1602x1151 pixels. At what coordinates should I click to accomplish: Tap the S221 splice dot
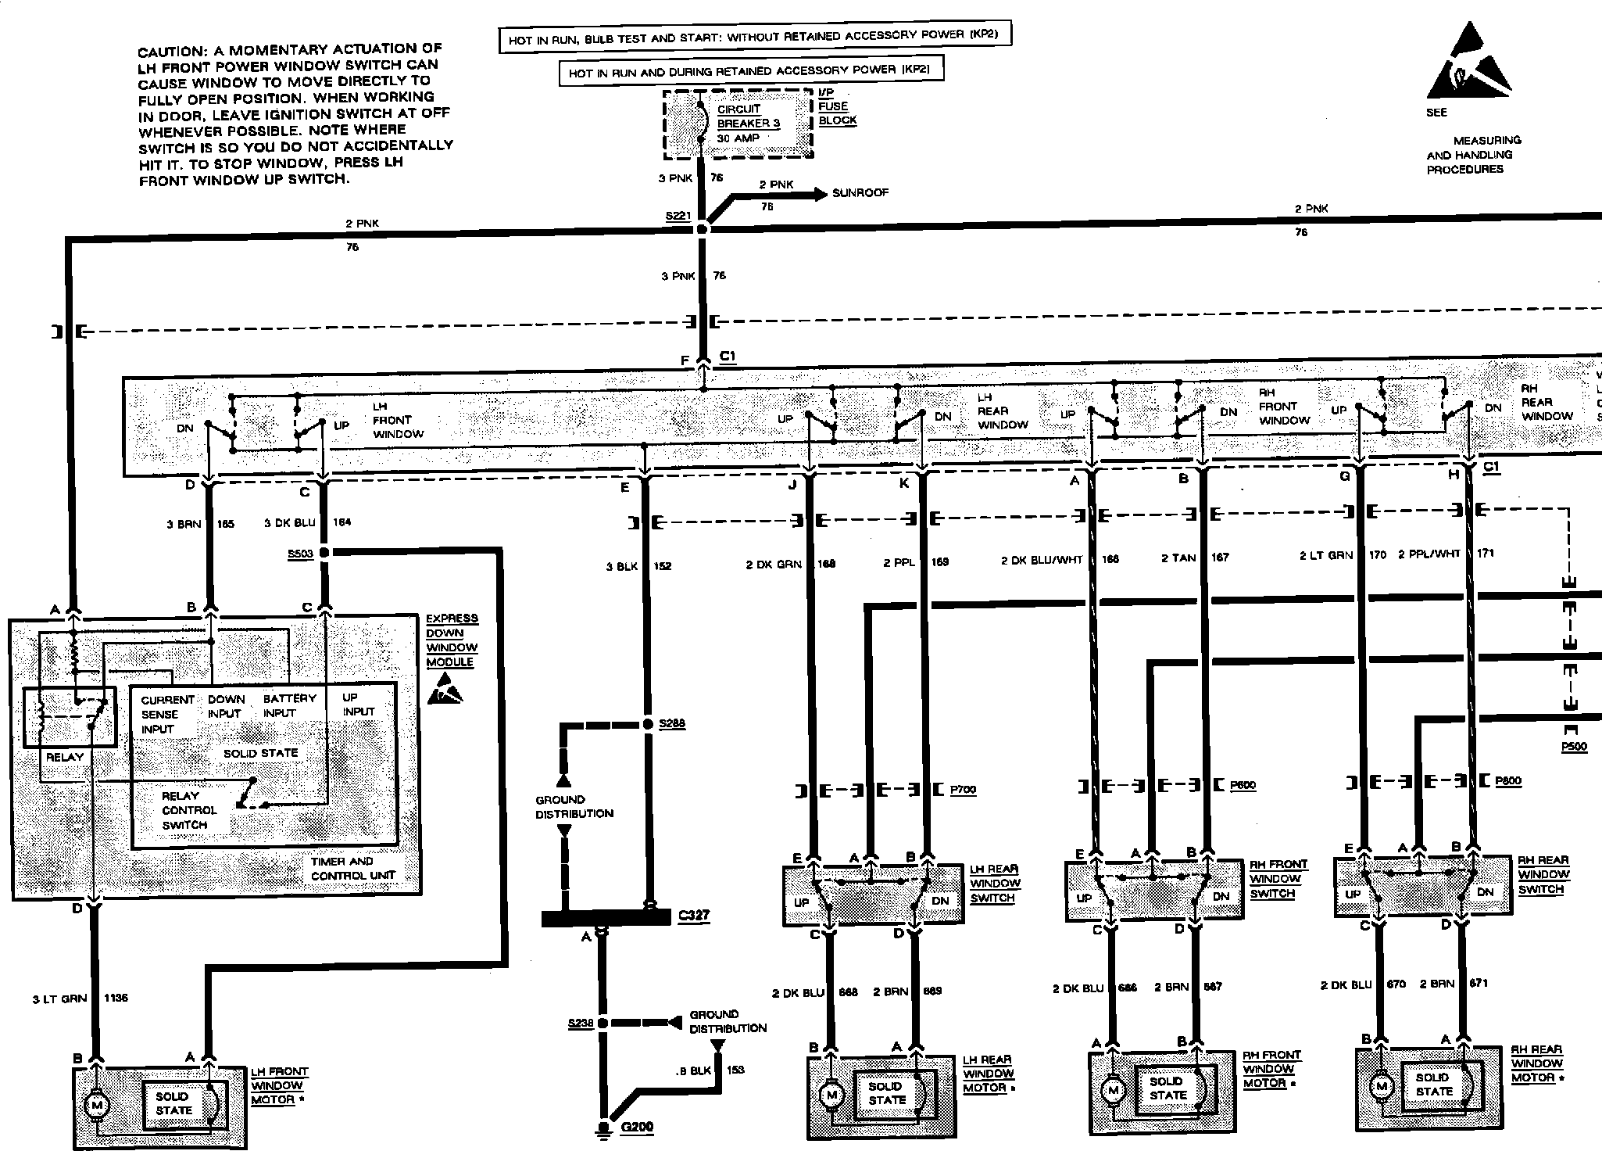click(702, 229)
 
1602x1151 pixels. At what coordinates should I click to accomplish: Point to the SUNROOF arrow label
click(860, 193)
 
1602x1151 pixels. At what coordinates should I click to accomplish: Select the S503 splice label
click(300, 554)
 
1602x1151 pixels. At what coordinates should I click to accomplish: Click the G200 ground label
click(637, 1127)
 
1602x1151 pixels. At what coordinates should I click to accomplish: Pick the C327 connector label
click(694, 915)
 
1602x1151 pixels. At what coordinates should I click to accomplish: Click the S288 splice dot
click(647, 724)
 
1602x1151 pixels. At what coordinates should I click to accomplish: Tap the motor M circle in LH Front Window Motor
click(98, 1105)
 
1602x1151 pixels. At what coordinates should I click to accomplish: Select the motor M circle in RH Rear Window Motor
click(1381, 1086)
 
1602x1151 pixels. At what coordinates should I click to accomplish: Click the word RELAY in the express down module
click(64, 757)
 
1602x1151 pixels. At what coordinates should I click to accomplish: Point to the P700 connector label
click(963, 790)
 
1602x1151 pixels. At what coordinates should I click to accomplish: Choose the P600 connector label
click(1243, 785)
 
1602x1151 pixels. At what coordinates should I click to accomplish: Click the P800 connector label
click(1507, 781)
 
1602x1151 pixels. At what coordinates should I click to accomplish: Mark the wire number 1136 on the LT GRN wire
click(115, 998)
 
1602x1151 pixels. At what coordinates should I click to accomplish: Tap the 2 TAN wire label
click(1178, 558)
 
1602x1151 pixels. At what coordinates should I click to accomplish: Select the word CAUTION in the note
click(170, 52)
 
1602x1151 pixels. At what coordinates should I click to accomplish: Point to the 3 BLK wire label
click(622, 566)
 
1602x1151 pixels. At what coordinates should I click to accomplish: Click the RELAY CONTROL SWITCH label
click(188, 810)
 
